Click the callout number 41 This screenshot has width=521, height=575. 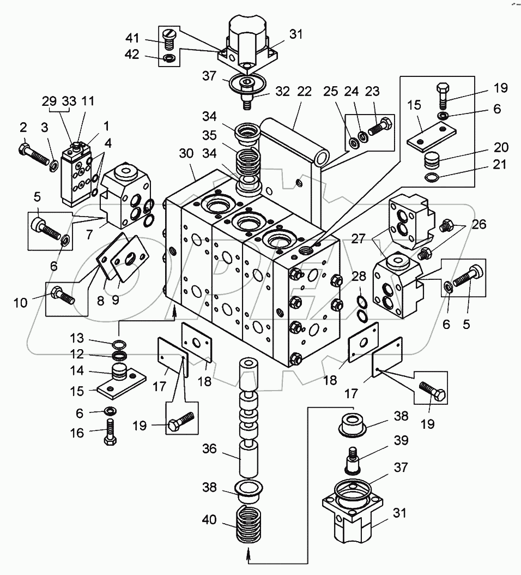[132, 38]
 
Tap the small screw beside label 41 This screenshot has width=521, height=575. [169, 38]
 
